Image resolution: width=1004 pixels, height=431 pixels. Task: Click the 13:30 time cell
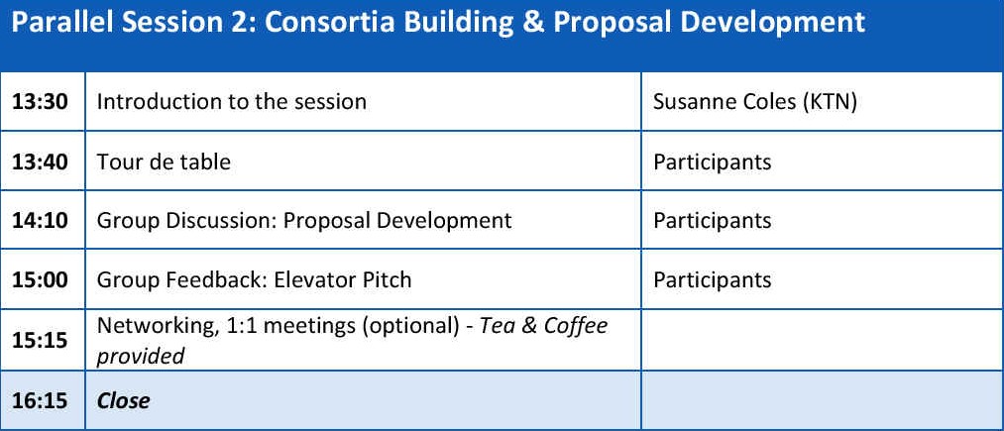pos(40,102)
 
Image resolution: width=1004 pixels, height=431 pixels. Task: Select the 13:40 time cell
pos(40,162)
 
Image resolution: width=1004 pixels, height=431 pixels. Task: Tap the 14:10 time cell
pos(40,220)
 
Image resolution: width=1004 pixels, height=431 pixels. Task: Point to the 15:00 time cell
pos(40,279)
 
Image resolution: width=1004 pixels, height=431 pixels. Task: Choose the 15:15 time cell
pos(40,340)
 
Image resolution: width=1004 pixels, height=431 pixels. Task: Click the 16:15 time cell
pos(40,400)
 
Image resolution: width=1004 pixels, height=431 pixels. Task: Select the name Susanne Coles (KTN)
pos(755,102)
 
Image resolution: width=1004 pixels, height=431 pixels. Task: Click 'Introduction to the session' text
pos(232,102)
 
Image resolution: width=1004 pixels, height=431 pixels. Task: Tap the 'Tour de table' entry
pos(164,162)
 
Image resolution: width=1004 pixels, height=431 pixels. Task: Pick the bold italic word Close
pos(124,400)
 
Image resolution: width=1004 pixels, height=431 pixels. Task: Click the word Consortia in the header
pos(333,23)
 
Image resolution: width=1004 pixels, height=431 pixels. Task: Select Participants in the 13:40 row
pos(712,162)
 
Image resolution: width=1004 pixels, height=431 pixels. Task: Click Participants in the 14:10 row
pos(712,221)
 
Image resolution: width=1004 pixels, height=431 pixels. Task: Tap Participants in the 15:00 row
pos(712,280)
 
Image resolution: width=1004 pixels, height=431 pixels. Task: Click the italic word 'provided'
pos(141,356)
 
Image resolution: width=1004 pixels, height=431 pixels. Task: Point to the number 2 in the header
pos(249,23)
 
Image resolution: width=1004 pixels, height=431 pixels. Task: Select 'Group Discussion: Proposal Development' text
pos(305,221)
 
